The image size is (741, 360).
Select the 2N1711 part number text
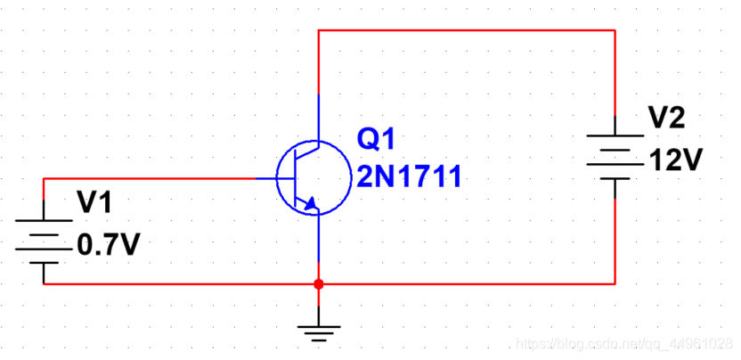(x=409, y=176)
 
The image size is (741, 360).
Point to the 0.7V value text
(x=110, y=244)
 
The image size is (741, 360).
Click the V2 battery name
(x=666, y=118)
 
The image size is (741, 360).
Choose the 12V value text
(x=677, y=161)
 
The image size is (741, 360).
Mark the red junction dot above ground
(x=319, y=284)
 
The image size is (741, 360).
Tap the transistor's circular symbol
(x=308, y=178)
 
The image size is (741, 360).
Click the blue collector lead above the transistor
(x=319, y=116)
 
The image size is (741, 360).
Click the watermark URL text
(x=623, y=344)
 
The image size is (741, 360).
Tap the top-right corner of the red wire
(x=615, y=30)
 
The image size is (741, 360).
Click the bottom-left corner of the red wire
(x=44, y=284)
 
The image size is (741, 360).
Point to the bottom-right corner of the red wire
(x=615, y=284)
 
